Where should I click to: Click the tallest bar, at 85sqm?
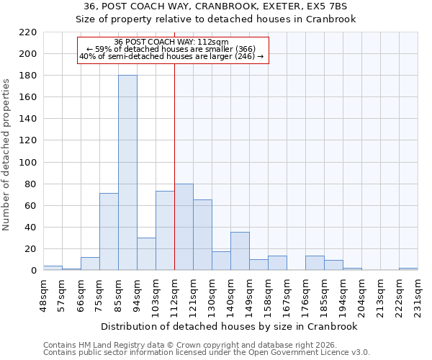point(127,173)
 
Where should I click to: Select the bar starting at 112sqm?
point(184,227)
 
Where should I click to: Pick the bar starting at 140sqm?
point(240,251)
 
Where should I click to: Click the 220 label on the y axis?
point(28,32)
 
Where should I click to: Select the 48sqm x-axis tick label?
point(43,294)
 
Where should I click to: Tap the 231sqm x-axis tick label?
point(418,294)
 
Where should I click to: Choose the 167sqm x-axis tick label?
point(287,294)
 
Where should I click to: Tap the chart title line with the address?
point(216,6)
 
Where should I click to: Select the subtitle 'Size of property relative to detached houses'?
point(216,19)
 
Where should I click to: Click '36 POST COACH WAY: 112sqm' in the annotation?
point(171,42)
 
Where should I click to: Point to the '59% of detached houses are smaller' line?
point(171,49)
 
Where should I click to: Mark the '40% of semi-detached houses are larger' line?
point(171,56)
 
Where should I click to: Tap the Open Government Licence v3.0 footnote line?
point(207,352)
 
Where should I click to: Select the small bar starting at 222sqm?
point(408,269)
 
